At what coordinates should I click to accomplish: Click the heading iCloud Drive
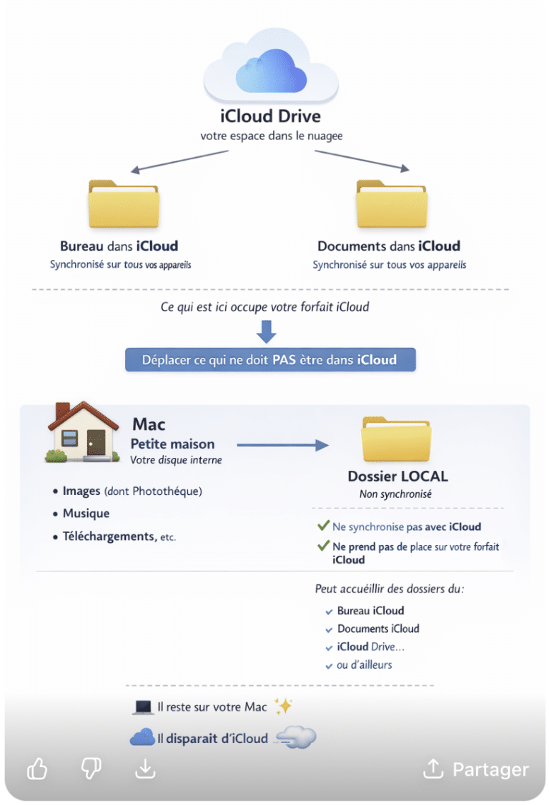point(270,116)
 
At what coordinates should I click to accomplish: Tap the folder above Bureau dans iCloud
point(124,203)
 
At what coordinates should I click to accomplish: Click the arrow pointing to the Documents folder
point(362,161)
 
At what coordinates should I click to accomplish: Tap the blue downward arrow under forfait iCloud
point(267,331)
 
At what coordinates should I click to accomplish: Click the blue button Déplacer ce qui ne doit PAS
point(270,359)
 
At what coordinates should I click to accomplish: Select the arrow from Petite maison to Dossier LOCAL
point(282,445)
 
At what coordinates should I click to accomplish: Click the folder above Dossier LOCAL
point(397,440)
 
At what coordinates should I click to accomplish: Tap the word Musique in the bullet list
point(86,514)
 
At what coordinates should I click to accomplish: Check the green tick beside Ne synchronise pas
point(323,526)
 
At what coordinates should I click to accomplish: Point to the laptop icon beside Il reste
point(143,707)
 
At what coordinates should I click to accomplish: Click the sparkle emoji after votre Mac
point(283,706)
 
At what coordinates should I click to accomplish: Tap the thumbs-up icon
point(37,769)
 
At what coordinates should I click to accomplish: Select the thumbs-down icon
point(91,769)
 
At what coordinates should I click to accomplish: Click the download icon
point(145,769)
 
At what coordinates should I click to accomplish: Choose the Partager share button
point(476,769)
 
